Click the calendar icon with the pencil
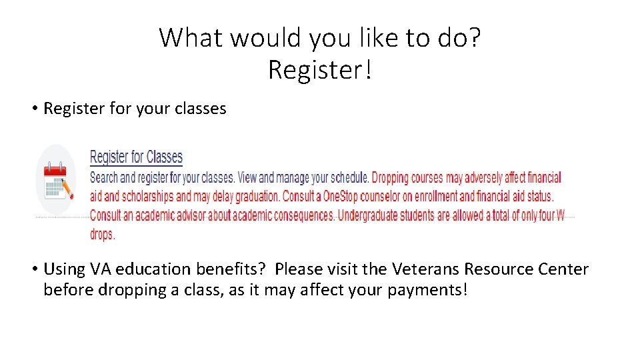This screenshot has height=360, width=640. (x=57, y=180)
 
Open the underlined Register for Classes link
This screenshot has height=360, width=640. (x=136, y=157)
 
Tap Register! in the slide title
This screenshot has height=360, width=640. (x=319, y=69)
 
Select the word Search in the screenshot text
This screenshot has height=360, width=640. (x=103, y=178)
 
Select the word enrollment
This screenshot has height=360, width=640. (x=443, y=197)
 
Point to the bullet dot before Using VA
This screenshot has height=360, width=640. (x=33, y=270)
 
